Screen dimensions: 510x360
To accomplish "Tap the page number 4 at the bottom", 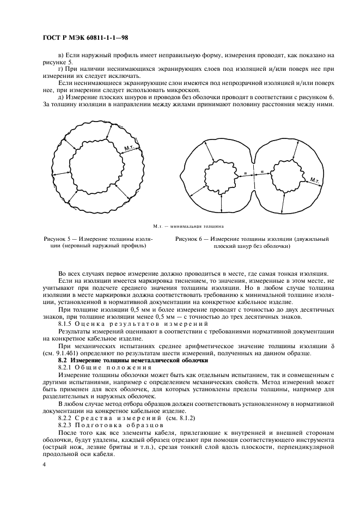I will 44,464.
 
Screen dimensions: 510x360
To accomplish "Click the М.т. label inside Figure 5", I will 130,149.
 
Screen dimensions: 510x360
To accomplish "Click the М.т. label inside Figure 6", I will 315,180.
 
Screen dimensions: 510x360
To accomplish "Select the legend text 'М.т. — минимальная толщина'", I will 188,225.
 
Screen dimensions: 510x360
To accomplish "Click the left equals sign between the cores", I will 246,173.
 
